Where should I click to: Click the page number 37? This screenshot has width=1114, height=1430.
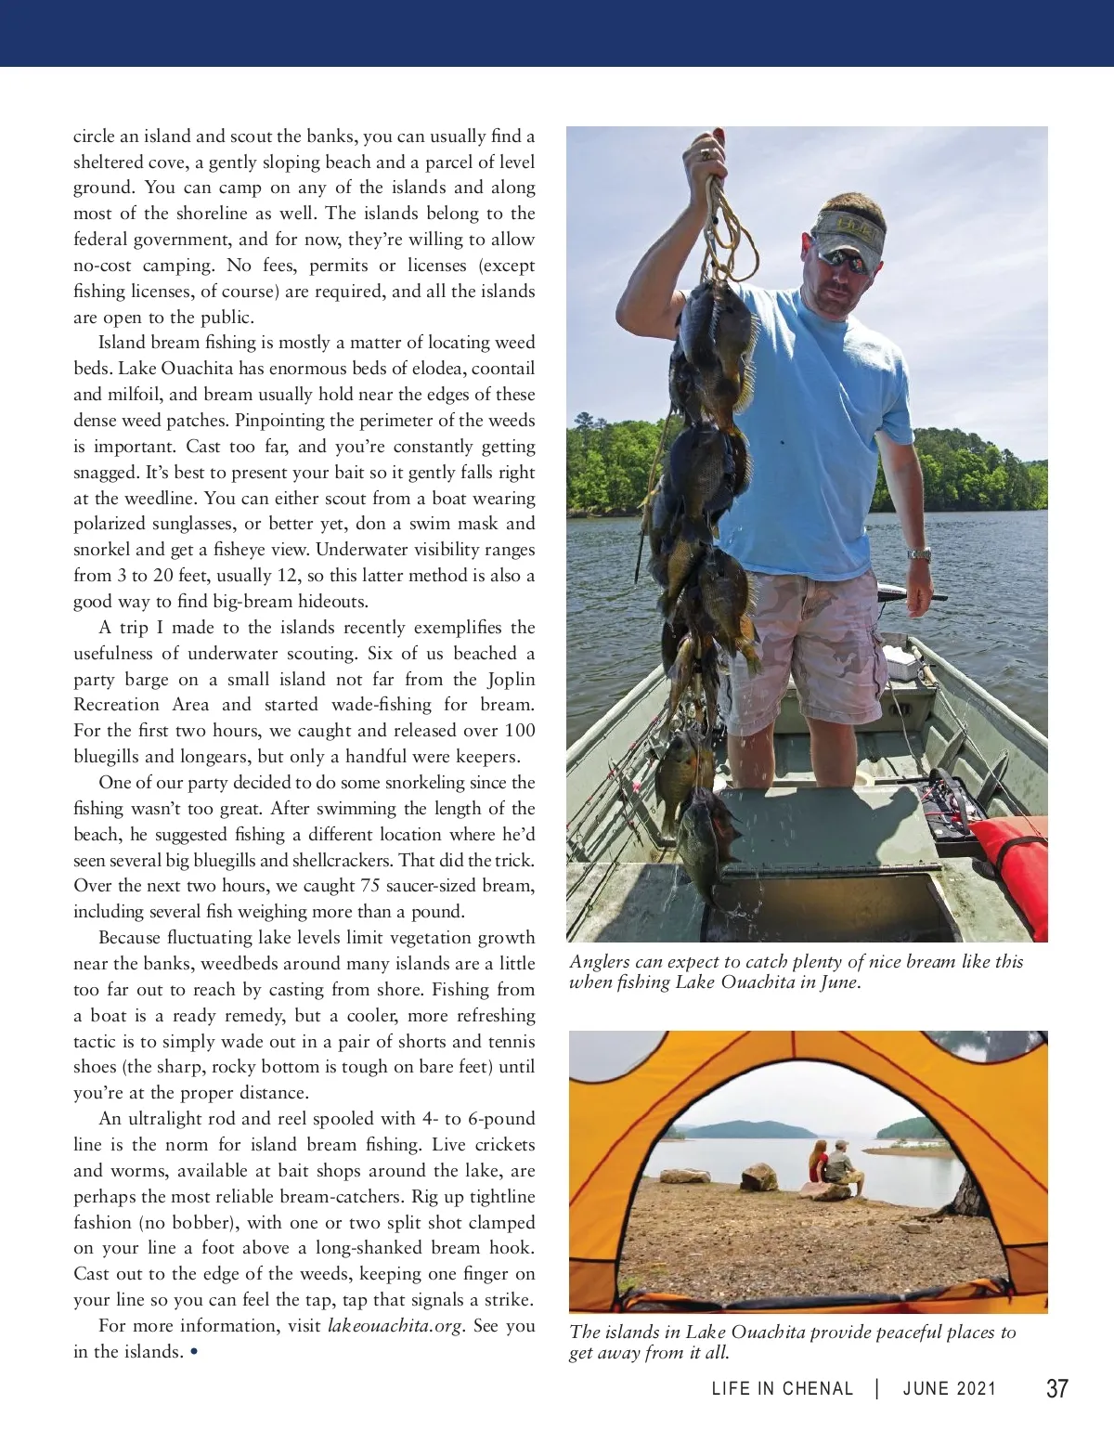point(1056,1388)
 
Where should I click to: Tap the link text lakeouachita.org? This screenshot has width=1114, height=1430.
point(395,1326)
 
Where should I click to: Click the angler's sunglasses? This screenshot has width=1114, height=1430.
point(845,260)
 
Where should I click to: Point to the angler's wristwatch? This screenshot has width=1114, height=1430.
point(919,554)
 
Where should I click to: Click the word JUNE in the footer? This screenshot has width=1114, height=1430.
point(926,1389)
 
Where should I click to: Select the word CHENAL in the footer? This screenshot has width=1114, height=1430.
point(818,1389)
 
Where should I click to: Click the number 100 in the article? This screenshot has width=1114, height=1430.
point(520,731)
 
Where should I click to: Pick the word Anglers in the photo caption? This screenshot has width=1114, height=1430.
point(600,962)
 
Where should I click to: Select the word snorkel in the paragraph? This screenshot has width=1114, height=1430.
point(102,550)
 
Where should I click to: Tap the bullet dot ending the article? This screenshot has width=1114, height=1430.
point(193,1352)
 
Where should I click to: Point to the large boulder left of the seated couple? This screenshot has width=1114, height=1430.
point(758,1177)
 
